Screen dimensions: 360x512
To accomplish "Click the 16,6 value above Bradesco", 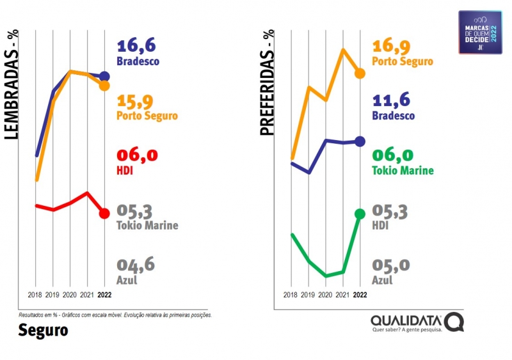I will tap(136, 46).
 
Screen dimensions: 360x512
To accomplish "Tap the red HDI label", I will tap(125, 171).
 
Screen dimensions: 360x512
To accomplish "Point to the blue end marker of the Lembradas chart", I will tap(105, 76).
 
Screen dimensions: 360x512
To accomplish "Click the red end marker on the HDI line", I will tap(105, 213).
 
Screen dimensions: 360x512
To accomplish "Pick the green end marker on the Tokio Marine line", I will tap(360, 214).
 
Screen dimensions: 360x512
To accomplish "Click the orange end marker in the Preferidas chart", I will tap(360, 74).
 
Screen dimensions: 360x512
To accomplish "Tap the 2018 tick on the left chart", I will tap(36, 295).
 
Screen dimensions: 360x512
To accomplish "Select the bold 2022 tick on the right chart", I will tap(360, 295).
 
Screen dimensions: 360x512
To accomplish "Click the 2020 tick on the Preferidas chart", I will tap(326, 295).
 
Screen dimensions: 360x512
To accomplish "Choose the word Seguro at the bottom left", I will tap(42, 331).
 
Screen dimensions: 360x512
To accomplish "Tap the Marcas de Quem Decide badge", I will tap(480, 32).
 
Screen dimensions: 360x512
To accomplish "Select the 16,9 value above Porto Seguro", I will tap(392, 46).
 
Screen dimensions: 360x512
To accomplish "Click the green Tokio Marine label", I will tap(403, 171).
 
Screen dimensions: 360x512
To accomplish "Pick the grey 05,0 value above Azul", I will tap(391, 265).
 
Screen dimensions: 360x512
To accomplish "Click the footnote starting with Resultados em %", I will tap(115, 315).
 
